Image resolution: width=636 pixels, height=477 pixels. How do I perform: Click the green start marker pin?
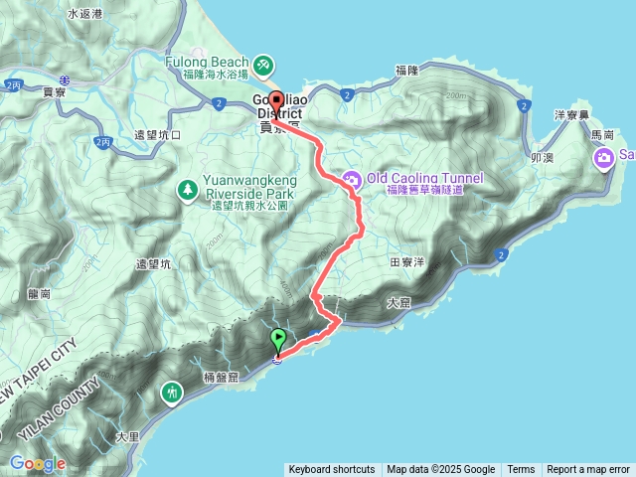click(x=278, y=340)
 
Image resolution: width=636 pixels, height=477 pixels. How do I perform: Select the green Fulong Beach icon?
click(x=263, y=66)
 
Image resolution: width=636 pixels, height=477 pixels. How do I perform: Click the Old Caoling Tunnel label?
click(x=424, y=179)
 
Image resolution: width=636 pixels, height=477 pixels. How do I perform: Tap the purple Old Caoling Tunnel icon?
click(x=351, y=180)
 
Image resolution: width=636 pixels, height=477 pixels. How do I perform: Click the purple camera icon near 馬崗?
click(x=604, y=158)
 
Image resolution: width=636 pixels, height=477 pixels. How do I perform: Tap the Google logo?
click(x=38, y=464)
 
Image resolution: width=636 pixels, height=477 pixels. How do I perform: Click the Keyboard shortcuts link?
click(x=332, y=470)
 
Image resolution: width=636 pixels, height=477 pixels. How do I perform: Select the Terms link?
click(x=521, y=470)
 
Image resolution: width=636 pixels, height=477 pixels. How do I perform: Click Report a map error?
click(x=588, y=470)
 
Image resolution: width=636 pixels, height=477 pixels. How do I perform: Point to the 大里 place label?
click(x=126, y=436)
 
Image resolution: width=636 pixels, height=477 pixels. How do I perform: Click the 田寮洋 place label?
click(x=407, y=263)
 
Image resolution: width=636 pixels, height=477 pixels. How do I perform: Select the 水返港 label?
click(x=85, y=15)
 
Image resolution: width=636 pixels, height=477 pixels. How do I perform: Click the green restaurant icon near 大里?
click(x=173, y=394)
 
